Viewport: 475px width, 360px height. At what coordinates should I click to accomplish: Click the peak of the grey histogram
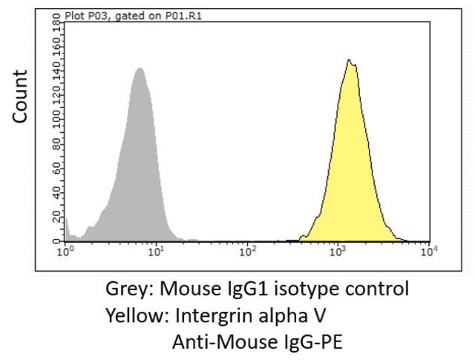(x=140, y=68)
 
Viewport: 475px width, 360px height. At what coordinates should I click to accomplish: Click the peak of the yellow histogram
(x=349, y=60)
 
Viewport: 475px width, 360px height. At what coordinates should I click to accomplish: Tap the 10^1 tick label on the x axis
(x=157, y=252)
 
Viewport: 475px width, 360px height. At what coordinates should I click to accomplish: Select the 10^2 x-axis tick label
(x=247, y=252)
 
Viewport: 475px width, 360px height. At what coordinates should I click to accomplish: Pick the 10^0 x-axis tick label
(x=65, y=252)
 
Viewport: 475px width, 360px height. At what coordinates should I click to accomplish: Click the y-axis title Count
(x=20, y=96)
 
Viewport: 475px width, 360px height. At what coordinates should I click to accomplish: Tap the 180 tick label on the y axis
(x=56, y=22)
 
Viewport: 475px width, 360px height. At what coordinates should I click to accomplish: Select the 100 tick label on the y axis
(x=56, y=120)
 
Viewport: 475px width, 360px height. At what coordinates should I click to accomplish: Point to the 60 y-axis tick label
(x=56, y=168)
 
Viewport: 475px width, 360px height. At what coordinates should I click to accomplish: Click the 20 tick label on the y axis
(x=56, y=216)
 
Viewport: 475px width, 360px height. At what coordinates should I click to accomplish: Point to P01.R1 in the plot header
(x=183, y=16)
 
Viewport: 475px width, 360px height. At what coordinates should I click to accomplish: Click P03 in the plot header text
(x=97, y=16)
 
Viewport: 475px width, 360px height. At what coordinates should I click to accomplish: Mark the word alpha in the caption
(x=281, y=315)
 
